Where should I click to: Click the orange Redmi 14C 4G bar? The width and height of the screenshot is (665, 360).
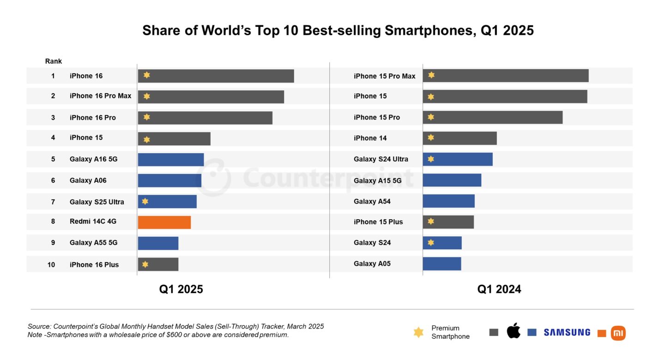coord(164,222)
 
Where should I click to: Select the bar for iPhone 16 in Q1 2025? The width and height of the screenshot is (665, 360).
coord(216,76)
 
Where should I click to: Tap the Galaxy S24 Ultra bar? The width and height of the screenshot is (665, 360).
coord(457,159)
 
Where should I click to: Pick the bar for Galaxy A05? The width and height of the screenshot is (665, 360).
coord(441,264)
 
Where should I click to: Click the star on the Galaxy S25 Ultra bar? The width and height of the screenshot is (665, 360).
coord(145,202)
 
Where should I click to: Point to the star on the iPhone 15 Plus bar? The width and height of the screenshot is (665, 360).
coord(431,222)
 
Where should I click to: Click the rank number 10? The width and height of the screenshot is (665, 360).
coord(51,264)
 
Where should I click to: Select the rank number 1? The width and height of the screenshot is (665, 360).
coord(53,76)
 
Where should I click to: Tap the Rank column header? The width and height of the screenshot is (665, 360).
coord(53,61)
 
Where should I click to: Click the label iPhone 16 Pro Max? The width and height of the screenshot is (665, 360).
coord(100,96)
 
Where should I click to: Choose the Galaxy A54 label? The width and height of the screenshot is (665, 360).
coord(372,201)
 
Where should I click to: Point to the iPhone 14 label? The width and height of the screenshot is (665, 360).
coord(370,138)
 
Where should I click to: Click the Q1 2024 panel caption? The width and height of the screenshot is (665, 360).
coord(499,289)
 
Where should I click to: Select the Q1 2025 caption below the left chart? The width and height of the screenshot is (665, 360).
coord(181,289)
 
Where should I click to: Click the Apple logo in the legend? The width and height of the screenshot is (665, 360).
coord(513,331)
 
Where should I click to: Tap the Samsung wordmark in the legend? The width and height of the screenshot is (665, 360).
coord(567,332)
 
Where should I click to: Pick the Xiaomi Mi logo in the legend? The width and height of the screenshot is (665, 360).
coord(618,333)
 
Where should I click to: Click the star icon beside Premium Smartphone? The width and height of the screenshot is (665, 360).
coord(418,332)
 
